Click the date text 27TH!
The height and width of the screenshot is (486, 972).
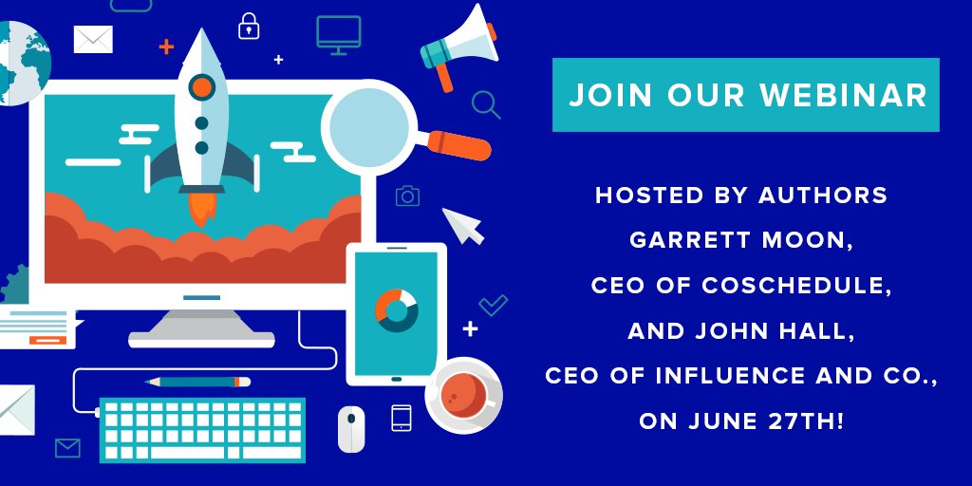pyautogui.click(x=805, y=421)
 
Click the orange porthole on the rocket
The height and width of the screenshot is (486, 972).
pyautogui.click(x=202, y=88)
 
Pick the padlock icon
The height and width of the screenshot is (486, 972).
pyautogui.click(x=249, y=26)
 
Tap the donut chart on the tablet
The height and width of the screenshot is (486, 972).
pyautogui.click(x=396, y=310)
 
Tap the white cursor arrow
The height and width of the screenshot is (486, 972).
pyautogui.click(x=462, y=226)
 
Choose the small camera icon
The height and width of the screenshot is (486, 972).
pyautogui.click(x=407, y=196)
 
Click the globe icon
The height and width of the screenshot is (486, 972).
pyautogui.click(x=21, y=62)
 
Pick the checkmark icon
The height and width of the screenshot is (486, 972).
pyautogui.click(x=493, y=305)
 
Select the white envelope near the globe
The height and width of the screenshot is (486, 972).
pyautogui.click(x=93, y=39)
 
